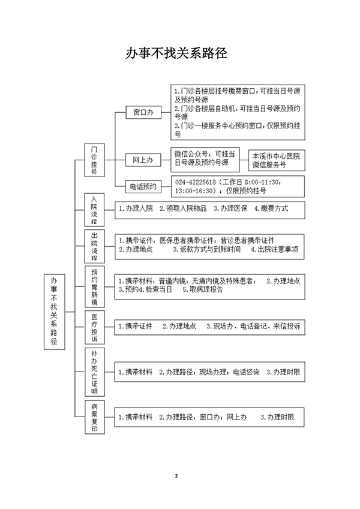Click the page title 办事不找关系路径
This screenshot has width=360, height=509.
point(176,53)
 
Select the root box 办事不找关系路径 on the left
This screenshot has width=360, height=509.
point(54,312)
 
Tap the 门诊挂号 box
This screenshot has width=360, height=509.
point(94,160)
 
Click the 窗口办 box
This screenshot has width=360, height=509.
point(143,113)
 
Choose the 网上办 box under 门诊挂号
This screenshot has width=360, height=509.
point(143,160)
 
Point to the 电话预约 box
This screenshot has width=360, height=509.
point(143,187)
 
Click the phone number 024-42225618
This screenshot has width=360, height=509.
point(196,182)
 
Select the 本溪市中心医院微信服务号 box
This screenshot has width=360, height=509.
point(277,160)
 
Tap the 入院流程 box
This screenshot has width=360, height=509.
point(94,209)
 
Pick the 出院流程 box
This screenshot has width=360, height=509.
point(94,246)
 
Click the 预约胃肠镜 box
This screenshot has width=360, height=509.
point(94,287)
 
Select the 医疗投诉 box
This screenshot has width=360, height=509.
point(94,327)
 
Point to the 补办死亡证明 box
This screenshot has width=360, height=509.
point(94,372)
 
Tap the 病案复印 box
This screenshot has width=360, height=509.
point(94,417)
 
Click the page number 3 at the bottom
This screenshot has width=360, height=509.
point(176,476)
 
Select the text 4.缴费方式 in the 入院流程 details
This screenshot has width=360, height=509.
point(271,208)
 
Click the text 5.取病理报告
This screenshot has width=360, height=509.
point(203,289)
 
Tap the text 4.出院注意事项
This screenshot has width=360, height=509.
point(275,249)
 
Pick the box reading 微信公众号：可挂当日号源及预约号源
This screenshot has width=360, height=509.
point(205,160)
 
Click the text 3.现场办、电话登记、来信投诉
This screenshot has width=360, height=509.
point(253,326)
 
